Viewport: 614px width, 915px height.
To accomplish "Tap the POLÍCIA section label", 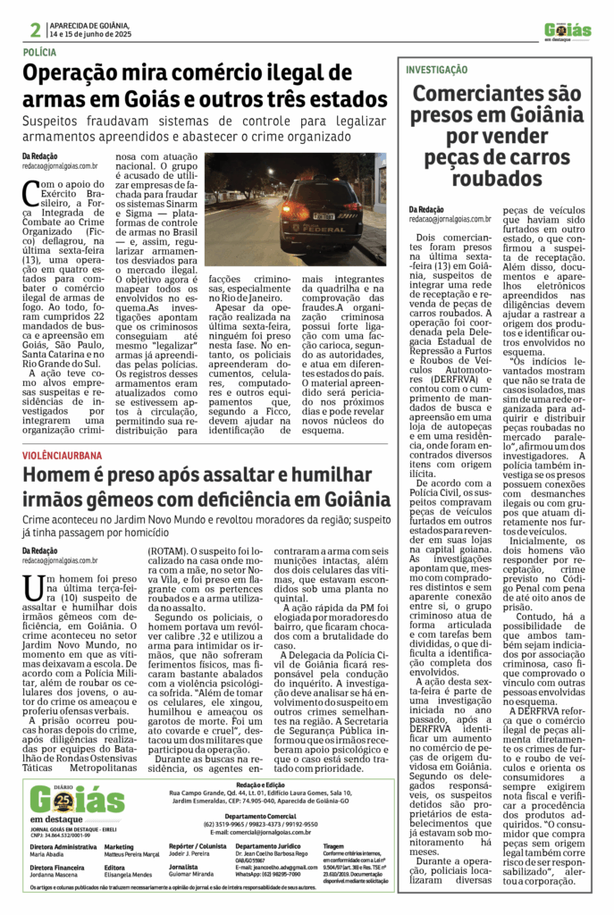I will click(43, 54).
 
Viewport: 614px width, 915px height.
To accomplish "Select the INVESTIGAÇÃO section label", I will click(436, 70).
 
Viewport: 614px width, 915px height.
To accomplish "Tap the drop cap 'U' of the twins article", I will click(32, 587).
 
